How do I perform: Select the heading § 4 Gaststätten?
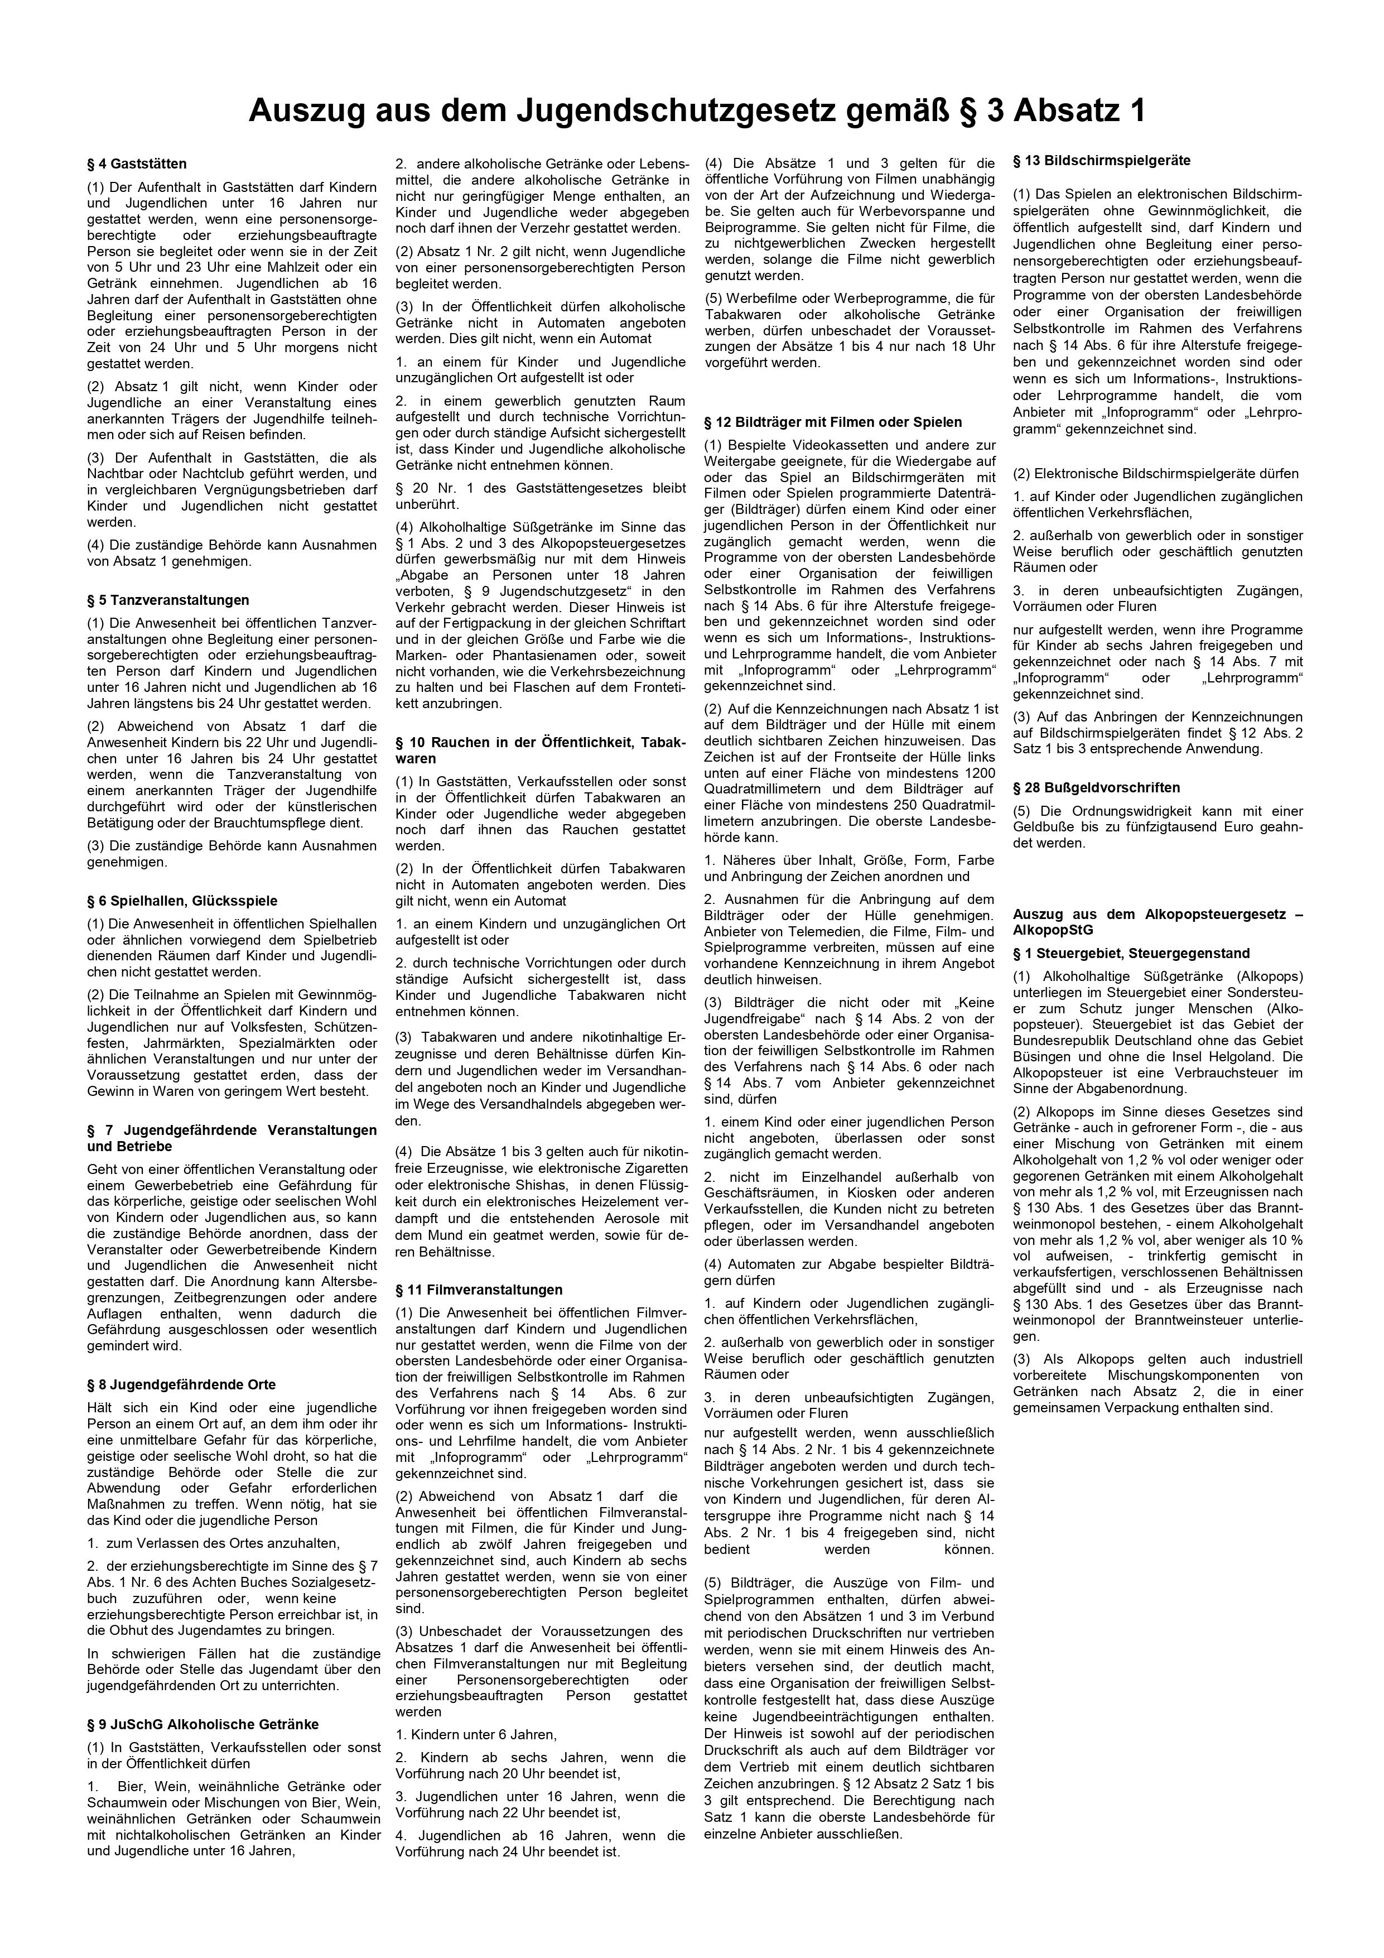pyautogui.click(x=137, y=163)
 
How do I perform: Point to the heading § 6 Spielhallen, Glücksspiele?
pyautogui.click(x=182, y=901)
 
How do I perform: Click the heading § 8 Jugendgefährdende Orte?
pyautogui.click(x=181, y=1384)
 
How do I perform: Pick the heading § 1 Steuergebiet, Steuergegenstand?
pyautogui.click(x=1131, y=954)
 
